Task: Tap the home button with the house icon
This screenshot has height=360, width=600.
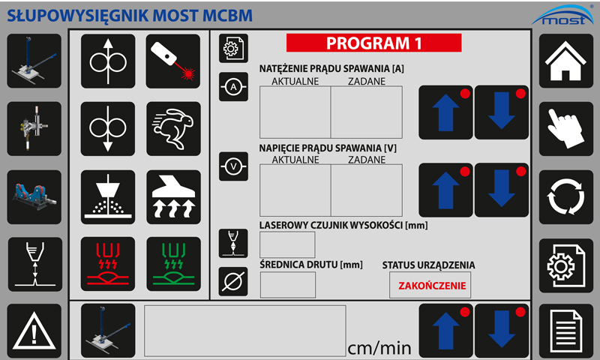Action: pyautogui.click(x=566, y=61)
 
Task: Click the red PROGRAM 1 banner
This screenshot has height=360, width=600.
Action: pyautogui.click(x=373, y=43)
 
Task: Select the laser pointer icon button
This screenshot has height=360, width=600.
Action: pyautogui.click(x=173, y=61)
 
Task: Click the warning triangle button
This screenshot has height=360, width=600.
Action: pyautogui.click(x=34, y=331)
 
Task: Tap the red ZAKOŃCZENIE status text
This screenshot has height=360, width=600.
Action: pyautogui.click(x=432, y=286)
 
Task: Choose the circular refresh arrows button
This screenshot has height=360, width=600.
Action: pyautogui.click(x=566, y=197)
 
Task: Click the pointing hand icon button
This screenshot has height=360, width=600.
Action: pyautogui.click(x=566, y=129)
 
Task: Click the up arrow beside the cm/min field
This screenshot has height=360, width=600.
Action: pyautogui.click(x=445, y=331)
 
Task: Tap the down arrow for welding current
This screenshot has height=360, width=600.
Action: pyautogui.click(x=502, y=112)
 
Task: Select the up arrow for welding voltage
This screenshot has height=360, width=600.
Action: pyautogui.click(x=445, y=190)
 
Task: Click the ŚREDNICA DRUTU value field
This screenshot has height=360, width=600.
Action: pyautogui.click(x=288, y=285)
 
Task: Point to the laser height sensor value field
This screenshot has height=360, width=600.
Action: pyautogui.click(x=287, y=244)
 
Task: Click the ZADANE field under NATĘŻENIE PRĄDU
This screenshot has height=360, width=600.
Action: pyautogui.click(x=367, y=112)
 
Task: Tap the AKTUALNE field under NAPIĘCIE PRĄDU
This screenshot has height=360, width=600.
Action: pyautogui.click(x=295, y=190)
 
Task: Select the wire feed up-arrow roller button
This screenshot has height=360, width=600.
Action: pyautogui.click(x=108, y=61)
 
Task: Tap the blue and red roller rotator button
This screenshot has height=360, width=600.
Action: pyautogui.click(x=34, y=197)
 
